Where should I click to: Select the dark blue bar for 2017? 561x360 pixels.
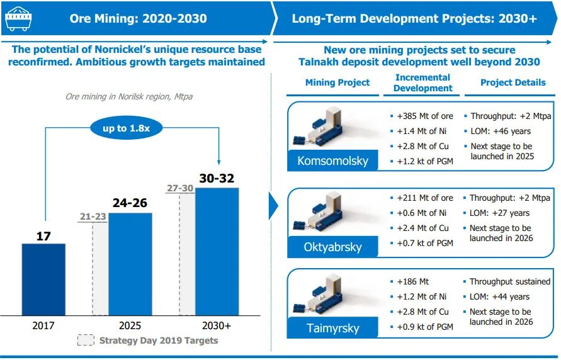43,279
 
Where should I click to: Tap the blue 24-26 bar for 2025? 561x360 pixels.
130,264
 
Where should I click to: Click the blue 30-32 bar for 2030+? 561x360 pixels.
217,251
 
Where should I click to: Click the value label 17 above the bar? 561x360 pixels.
43,236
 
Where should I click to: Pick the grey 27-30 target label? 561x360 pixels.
180,188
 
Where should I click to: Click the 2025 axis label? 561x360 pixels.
130,325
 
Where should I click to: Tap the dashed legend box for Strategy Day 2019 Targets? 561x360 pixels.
86,340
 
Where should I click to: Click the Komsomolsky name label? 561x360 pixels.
332,161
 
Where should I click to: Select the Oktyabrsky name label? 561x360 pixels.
333,247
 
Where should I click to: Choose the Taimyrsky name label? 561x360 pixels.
333,328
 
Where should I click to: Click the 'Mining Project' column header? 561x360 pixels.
337,82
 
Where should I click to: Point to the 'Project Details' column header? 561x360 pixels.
513,82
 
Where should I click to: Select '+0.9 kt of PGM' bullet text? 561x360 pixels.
425,327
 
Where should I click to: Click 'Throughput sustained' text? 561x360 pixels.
510,282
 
